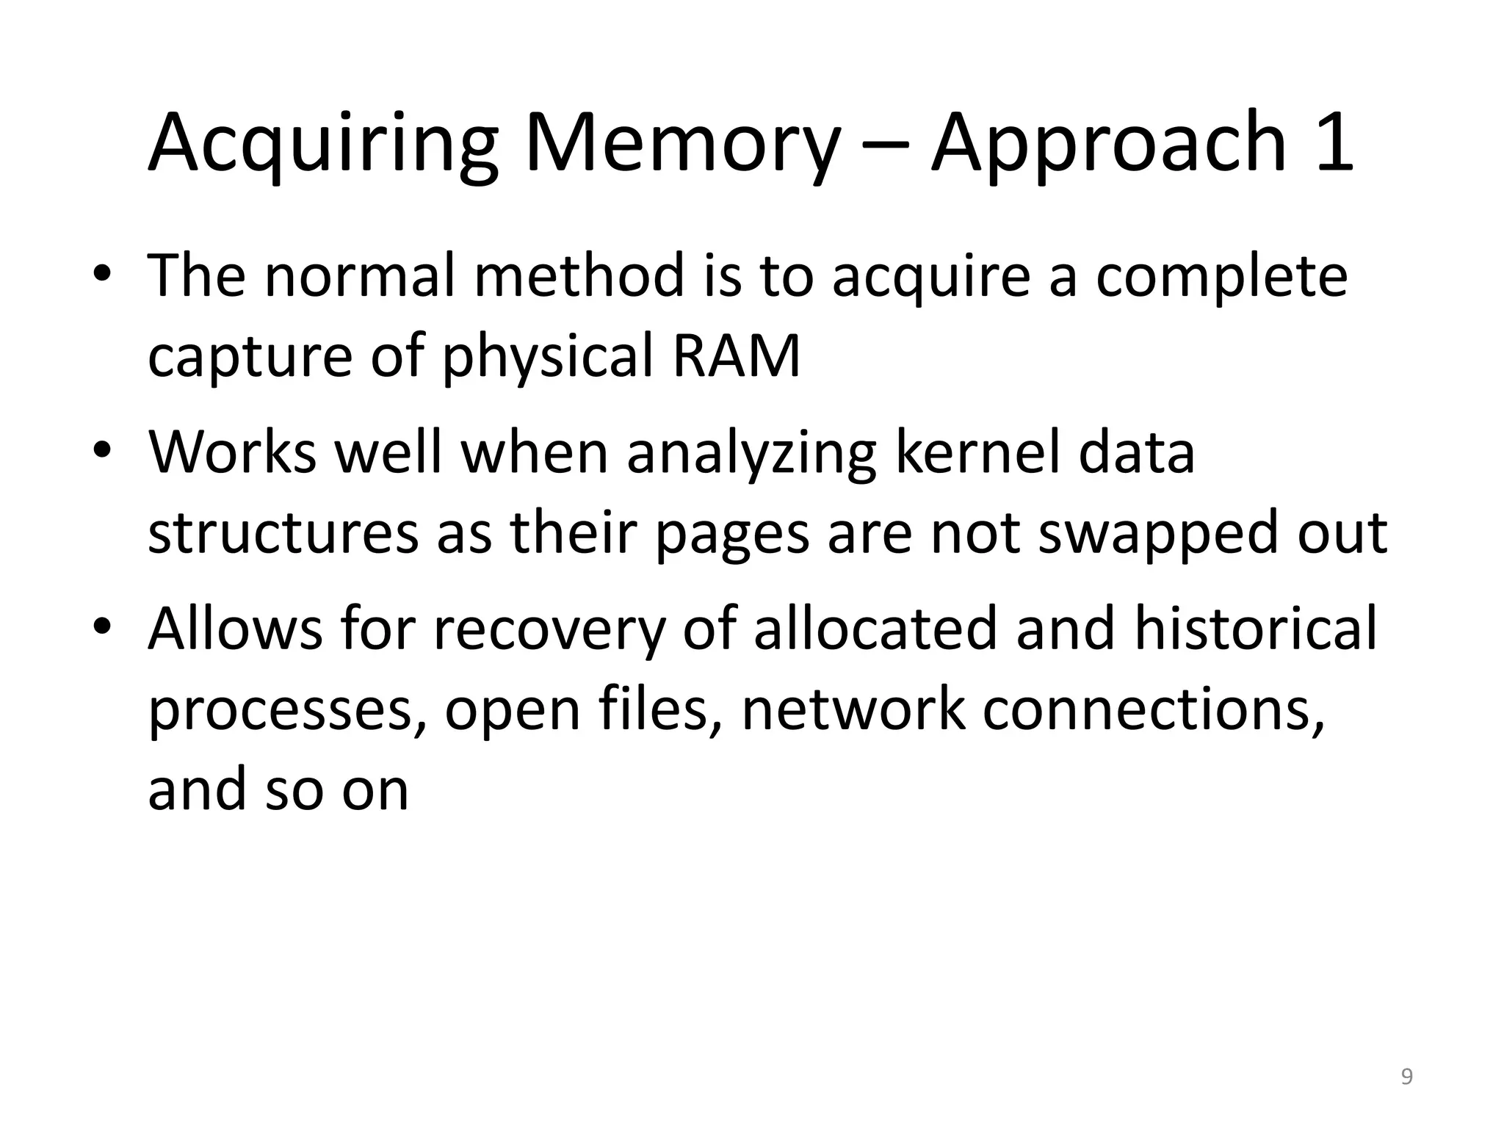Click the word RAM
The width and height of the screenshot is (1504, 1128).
click(736, 355)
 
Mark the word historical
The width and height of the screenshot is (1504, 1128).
click(1255, 629)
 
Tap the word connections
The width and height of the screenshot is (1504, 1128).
click(1154, 709)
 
